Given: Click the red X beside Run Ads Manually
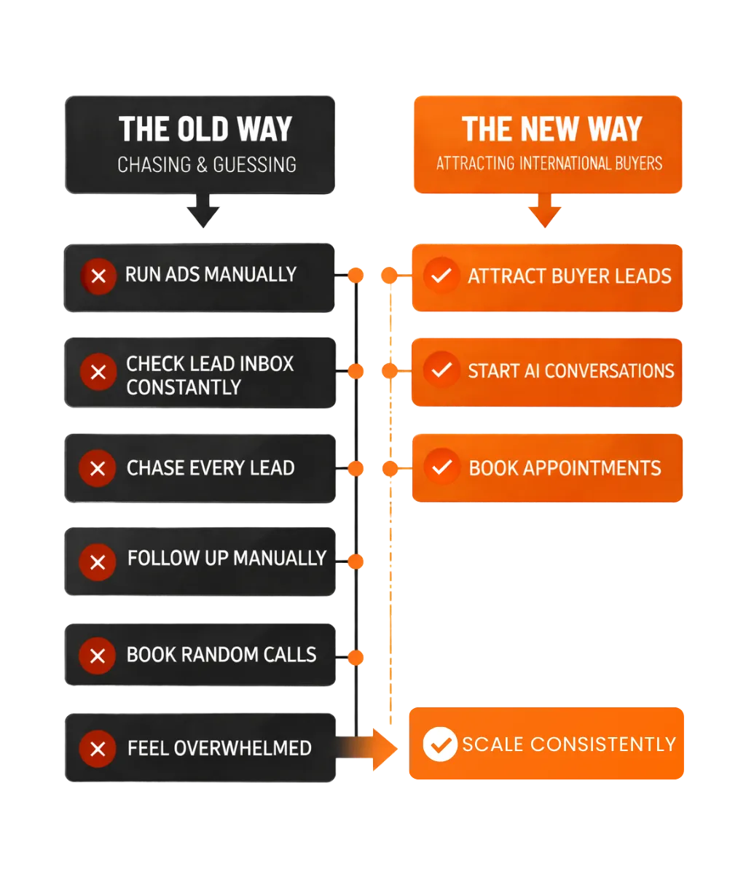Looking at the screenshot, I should click(x=98, y=276).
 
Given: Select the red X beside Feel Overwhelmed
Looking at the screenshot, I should click(x=98, y=748).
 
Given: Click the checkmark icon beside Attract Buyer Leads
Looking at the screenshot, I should click(x=441, y=276).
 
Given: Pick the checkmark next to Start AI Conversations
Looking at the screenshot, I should click(x=441, y=370).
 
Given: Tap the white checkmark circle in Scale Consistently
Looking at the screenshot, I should click(x=440, y=744).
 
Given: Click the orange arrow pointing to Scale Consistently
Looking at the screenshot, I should click(x=372, y=748).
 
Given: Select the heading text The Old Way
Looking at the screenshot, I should click(x=205, y=130).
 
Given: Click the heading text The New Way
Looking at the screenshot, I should click(x=551, y=130).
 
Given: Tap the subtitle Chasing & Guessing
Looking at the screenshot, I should click(x=207, y=165).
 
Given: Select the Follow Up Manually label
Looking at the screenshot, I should click(x=227, y=559).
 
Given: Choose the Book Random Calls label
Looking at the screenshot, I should click(x=221, y=654).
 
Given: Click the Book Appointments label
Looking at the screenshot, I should click(x=565, y=467).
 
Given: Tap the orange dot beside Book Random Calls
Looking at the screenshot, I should click(x=356, y=657).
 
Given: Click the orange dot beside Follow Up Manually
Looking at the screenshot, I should click(x=356, y=561).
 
